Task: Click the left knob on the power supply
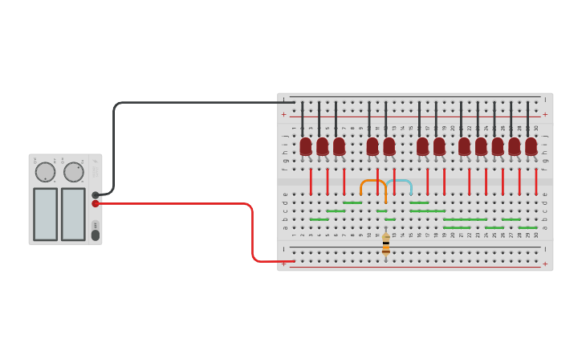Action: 44,172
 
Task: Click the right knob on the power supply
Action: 73,172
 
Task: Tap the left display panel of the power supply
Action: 45,214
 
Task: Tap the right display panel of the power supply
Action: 73,214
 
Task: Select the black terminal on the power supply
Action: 96,194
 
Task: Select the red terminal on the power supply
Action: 96,203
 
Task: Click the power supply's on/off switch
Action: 96,235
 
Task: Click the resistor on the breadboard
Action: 386,244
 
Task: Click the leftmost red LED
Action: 306,146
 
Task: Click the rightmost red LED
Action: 531,146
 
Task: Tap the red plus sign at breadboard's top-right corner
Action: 545,114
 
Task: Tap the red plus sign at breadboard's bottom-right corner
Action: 545,264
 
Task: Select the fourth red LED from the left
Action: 372,146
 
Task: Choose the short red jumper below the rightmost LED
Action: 535,181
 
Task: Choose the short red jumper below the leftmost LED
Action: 311,181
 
